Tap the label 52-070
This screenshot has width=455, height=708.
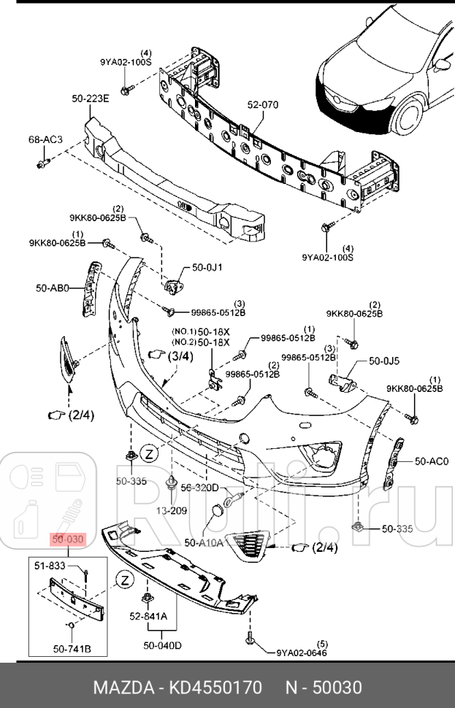(262, 105)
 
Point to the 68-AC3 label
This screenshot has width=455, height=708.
(45, 139)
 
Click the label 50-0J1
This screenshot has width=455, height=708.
(207, 268)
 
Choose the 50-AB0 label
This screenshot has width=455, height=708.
(52, 288)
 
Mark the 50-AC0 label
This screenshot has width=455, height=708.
(431, 461)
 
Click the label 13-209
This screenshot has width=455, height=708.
(172, 510)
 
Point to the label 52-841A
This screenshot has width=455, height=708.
(149, 615)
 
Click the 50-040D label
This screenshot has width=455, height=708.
(162, 645)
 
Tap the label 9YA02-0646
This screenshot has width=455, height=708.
(302, 653)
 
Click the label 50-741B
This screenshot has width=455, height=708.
(70, 647)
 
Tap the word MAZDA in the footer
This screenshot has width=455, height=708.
(121, 687)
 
